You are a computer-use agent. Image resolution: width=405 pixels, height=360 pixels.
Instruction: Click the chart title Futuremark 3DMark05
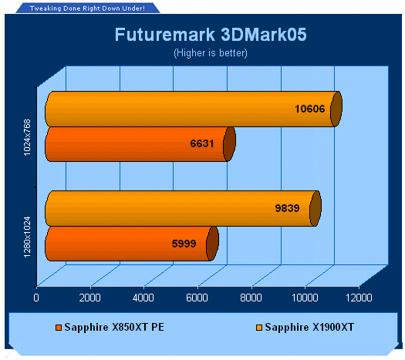(x=211, y=35)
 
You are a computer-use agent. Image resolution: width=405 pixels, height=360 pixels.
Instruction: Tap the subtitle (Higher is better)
(x=211, y=53)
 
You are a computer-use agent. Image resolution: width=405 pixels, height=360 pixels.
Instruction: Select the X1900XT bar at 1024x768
(x=194, y=109)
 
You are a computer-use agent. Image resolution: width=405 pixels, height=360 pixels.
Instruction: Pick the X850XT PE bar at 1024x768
(x=140, y=144)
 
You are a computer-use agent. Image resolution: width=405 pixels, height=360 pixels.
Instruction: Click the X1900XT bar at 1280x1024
(x=183, y=208)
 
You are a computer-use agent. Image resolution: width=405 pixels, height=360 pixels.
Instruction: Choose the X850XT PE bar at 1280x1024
(x=132, y=244)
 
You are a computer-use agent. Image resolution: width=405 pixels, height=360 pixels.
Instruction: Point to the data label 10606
(x=309, y=109)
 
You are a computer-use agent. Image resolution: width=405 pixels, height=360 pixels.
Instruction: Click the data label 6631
(x=202, y=143)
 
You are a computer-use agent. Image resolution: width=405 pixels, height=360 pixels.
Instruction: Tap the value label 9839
(x=287, y=208)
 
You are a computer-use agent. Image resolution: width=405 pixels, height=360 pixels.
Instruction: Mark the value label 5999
(x=184, y=244)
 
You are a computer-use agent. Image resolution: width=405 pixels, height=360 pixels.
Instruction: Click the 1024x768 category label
(x=27, y=137)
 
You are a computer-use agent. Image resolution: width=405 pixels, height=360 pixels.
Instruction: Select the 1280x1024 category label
(x=27, y=237)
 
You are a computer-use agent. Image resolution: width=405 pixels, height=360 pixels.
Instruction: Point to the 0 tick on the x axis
(x=36, y=298)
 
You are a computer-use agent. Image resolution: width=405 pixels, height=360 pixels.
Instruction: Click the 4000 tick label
(x=143, y=298)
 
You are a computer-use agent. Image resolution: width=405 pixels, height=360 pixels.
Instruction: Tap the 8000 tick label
(x=251, y=298)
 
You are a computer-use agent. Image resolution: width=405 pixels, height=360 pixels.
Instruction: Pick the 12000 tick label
(x=359, y=298)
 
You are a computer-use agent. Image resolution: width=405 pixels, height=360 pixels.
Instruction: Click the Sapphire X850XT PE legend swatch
(x=59, y=328)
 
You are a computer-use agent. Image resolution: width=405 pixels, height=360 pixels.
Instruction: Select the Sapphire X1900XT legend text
(x=309, y=327)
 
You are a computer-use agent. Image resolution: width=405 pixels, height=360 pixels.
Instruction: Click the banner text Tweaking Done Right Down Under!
(x=87, y=8)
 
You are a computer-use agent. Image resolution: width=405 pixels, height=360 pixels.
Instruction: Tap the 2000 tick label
(x=89, y=298)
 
